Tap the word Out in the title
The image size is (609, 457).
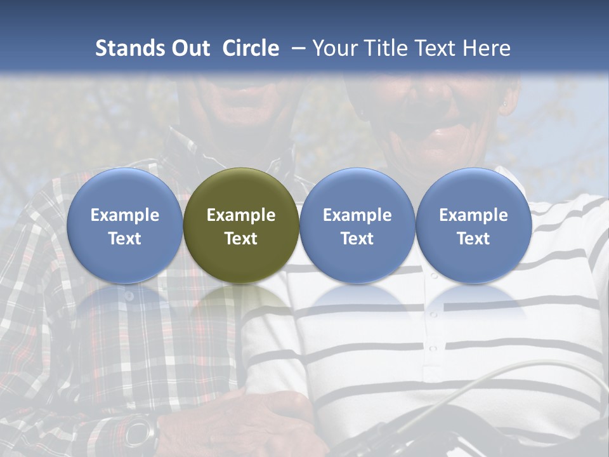pyautogui.click(x=188, y=48)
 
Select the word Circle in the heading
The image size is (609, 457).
pyautogui.click(x=251, y=48)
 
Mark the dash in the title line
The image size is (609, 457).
pyautogui.click(x=296, y=48)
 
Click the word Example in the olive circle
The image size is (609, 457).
pyautogui.click(x=241, y=215)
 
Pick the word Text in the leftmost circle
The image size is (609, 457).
pyautogui.click(x=125, y=239)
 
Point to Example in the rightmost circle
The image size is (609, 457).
pyautogui.click(x=473, y=215)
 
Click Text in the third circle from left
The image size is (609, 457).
pyautogui.click(x=357, y=239)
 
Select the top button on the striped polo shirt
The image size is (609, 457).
pyautogui.click(x=433, y=276)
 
